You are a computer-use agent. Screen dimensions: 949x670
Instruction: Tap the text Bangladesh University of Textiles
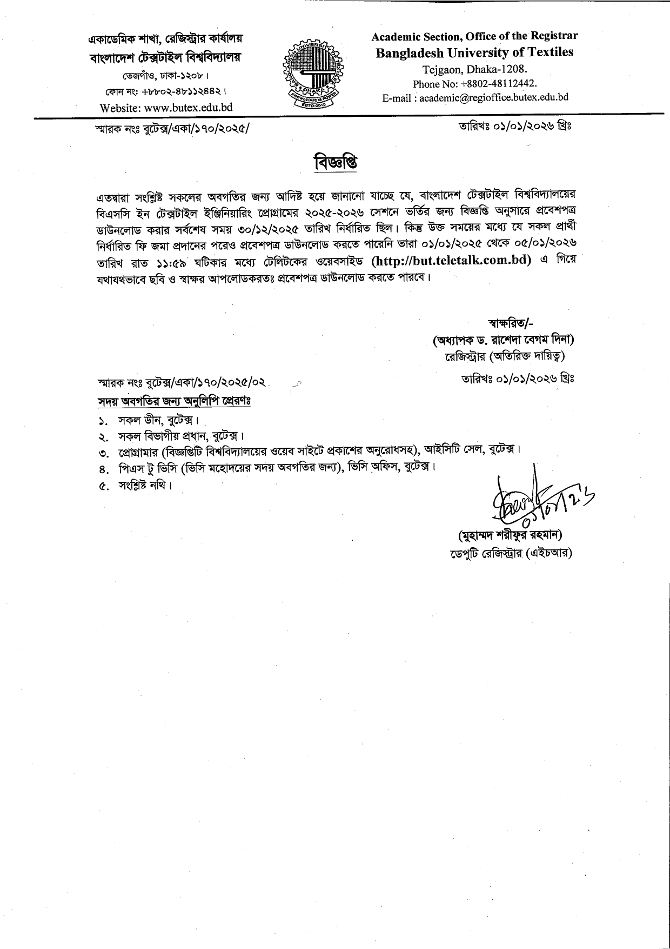click(474, 52)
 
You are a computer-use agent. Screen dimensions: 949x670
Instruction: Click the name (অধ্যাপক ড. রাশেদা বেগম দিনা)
click(504, 341)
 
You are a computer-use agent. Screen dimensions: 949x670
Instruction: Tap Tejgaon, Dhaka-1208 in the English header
click(474, 69)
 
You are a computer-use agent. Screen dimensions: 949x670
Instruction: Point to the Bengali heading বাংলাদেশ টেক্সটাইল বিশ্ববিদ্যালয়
click(165, 57)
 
